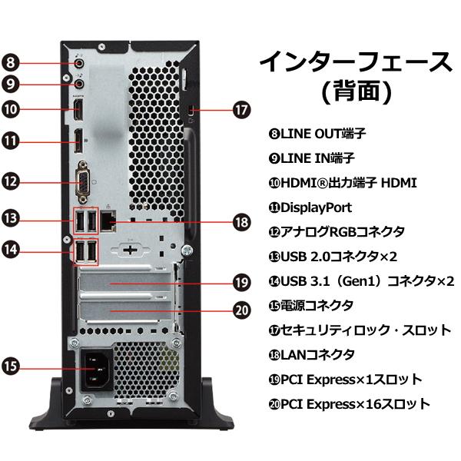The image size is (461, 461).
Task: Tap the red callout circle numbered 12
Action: coord(11,182)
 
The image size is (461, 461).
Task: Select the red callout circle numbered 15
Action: coord(11,367)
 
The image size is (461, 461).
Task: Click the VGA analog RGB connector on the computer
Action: coord(83,183)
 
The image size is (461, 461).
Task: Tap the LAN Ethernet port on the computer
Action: coord(110,221)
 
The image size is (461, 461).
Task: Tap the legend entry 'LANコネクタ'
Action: coord(311,354)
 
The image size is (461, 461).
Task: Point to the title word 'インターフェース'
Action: coord(355,61)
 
